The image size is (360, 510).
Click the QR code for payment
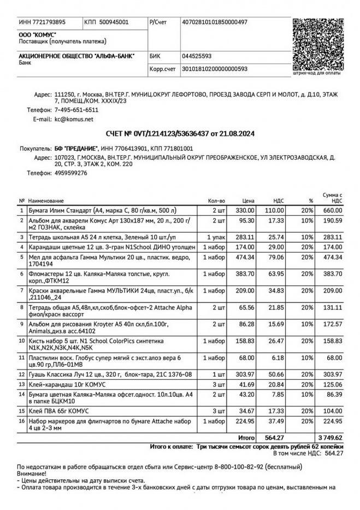(318, 43)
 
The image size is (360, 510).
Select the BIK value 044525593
(197, 56)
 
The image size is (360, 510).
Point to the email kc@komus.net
(74, 119)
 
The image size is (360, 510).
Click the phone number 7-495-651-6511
(76, 110)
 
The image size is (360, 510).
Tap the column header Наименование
(46, 201)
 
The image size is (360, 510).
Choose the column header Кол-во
(217, 201)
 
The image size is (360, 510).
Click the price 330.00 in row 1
(245, 210)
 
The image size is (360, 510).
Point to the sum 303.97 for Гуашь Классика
(332, 374)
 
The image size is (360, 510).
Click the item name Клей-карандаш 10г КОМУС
(63, 384)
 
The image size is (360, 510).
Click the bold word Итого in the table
(246, 438)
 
